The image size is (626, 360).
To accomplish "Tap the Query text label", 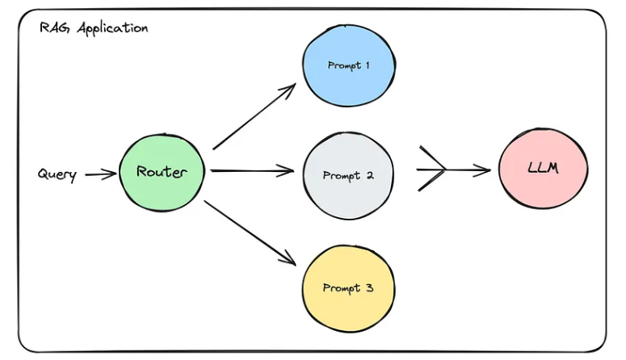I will tap(57, 174).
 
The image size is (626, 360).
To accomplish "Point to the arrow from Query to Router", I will tap(100, 174).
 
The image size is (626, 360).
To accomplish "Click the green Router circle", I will tap(162, 171).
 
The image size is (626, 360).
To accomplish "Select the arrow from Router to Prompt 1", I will tap(254, 116).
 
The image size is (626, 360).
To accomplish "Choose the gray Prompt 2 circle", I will tap(348, 175).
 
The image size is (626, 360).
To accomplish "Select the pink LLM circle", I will tap(543, 170).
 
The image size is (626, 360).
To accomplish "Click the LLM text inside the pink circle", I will tap(542, 170).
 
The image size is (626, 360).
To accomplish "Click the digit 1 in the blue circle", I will tap(368, 65).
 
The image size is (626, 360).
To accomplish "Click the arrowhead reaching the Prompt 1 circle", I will tap(290, 87).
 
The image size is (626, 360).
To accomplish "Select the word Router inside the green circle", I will tap(162, 171).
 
